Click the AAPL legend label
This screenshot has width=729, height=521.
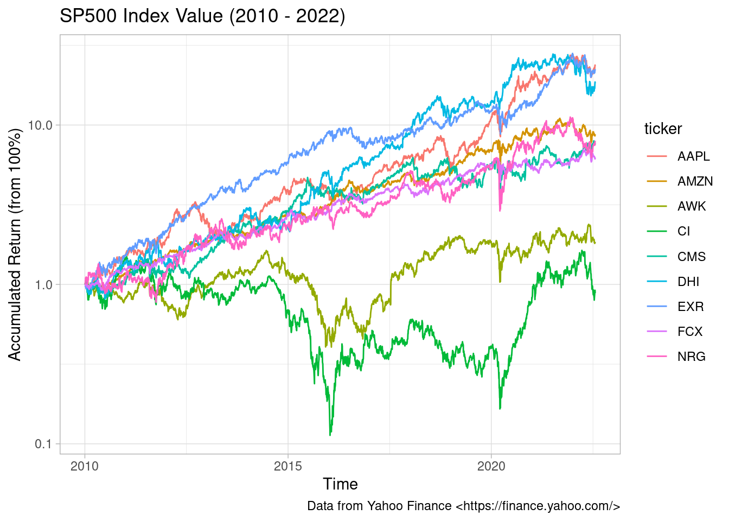pyautogui.click(x=693, y=156)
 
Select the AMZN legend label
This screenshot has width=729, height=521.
pyautogui.click(x=695, y=181)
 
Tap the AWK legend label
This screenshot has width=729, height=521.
pyautogui.click(x=692, y=206)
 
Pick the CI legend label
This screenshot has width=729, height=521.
pyautogui.click(x=683, y=231)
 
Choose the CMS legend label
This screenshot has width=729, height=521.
pyautogui.click(x=692, y=256)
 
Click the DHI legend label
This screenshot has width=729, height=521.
pyautogui.click(x=688, y=281)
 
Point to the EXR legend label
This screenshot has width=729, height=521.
pyautogui.click(x=690, y=306)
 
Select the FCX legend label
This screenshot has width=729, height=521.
pyautogui.click(x=690, y=331)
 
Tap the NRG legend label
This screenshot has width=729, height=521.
pyautogui.click(x=692, y=356)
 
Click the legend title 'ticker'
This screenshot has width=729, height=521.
pyautogui.click(x=663, y=129)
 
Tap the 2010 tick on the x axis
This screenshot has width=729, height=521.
pyautogui.click(x=85, y=466)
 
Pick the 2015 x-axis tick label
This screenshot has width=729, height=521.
pyautogui.click(x=288, y=466)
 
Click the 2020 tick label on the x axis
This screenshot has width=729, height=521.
pyautogui.click(x=491, y=466)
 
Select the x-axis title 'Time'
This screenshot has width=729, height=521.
pyautogui.click(x=340, y=484)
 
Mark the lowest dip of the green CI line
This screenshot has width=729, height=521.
pyautogui.click(x=330, y=434)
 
